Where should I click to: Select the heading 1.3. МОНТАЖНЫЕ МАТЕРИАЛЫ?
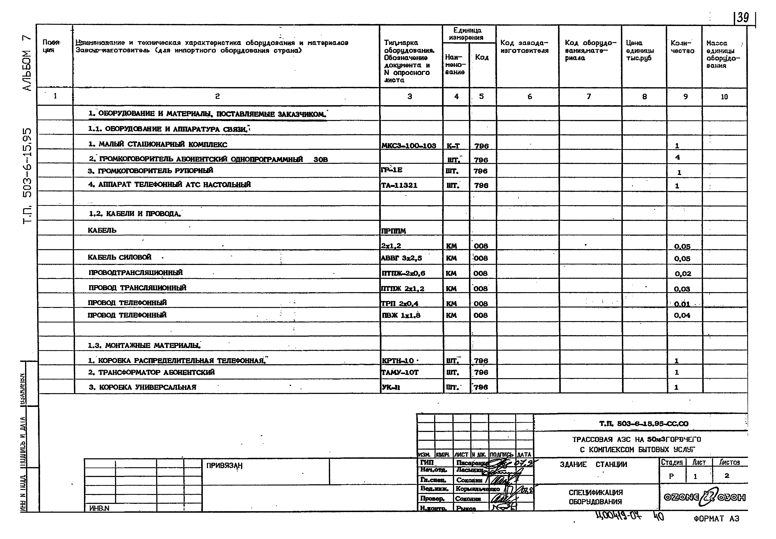tap(144, 346)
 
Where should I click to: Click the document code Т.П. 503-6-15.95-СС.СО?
tap(644, 423)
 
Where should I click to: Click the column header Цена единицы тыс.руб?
tap(640, 51)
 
